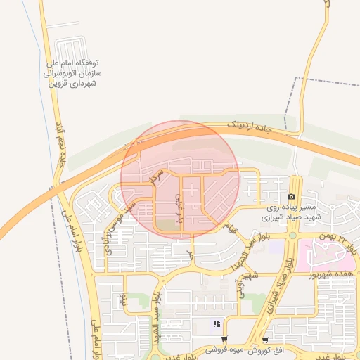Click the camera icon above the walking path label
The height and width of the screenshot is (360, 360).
(291, 197)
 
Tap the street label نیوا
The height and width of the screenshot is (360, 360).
(125, 301)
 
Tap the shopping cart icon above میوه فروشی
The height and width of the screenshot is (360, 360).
(224, 338)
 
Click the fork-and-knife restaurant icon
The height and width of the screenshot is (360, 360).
(217, 323)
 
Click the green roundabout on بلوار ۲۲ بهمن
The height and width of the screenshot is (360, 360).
(292, 233)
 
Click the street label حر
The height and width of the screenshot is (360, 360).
(189, 251)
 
